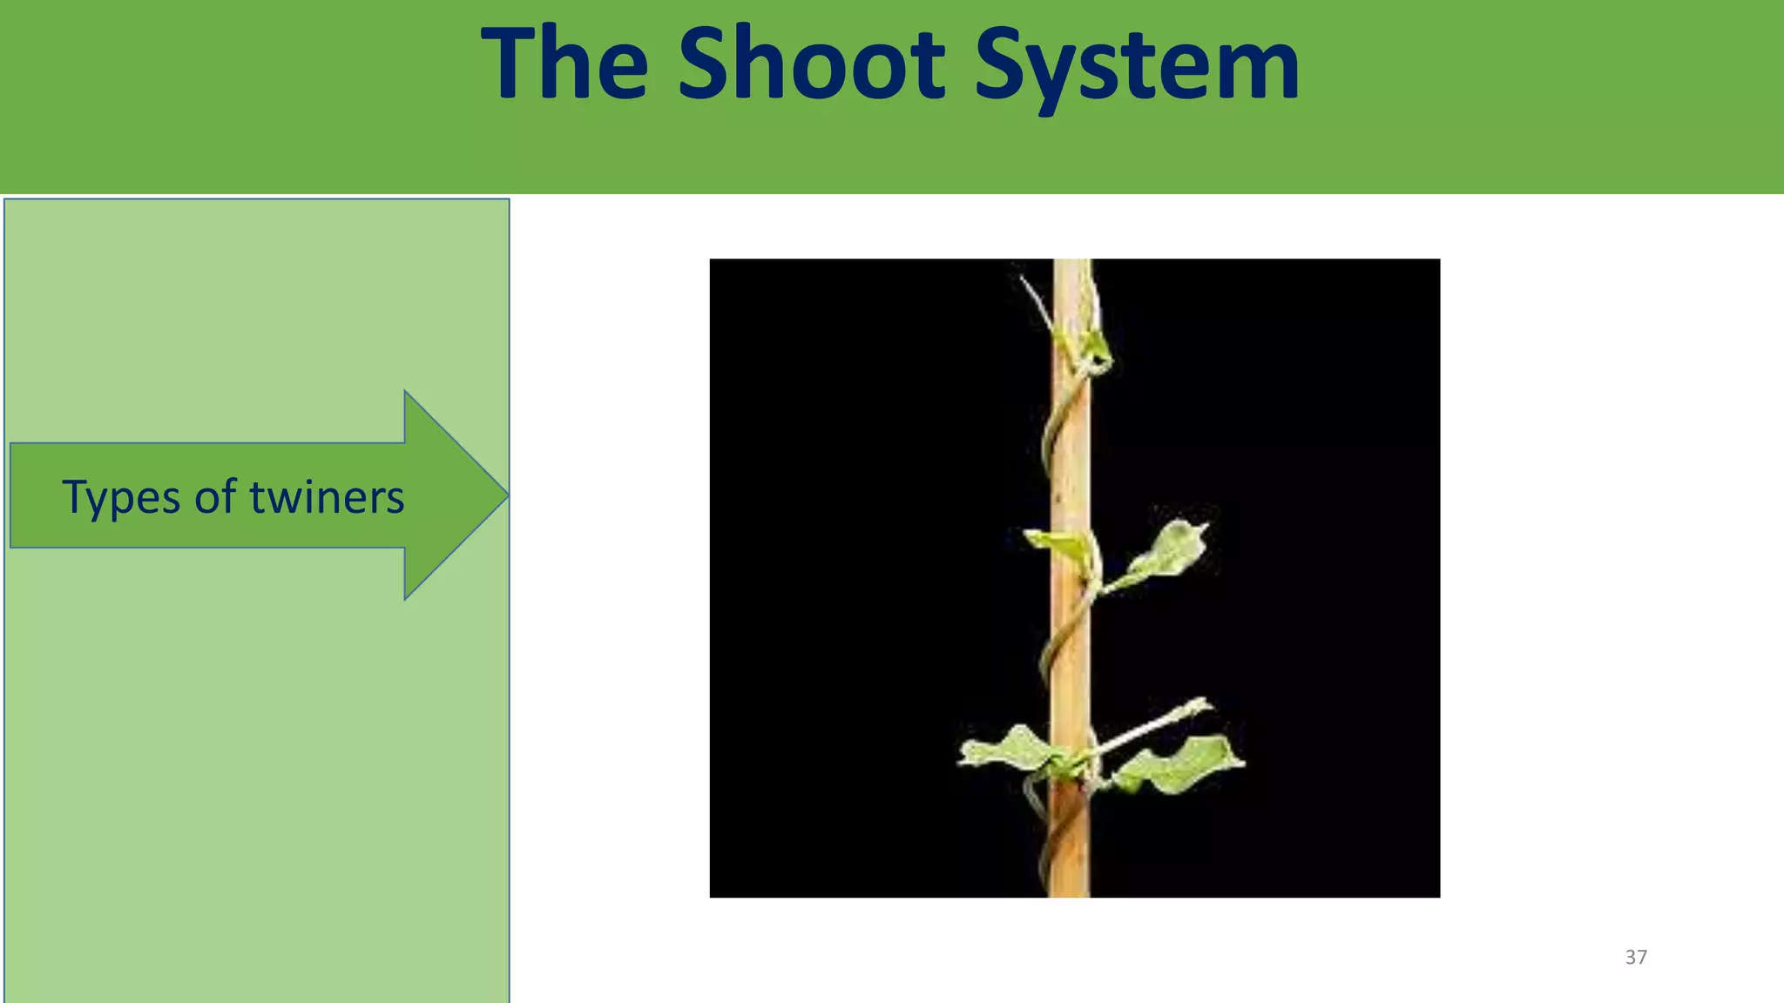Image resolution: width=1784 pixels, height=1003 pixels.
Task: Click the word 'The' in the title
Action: pyautogui.click(x=564, y=64)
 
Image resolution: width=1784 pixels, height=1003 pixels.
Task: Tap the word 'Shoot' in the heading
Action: pyautogui.click(x=811, y=64)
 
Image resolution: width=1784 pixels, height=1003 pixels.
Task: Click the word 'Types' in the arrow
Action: pyautogui.click(x=120, y=498)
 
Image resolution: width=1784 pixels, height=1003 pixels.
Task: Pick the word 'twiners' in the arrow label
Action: pyautogui.click(x=327, y=497)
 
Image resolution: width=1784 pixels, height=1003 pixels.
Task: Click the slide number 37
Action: pyautogui.click(x=1636, y=957)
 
